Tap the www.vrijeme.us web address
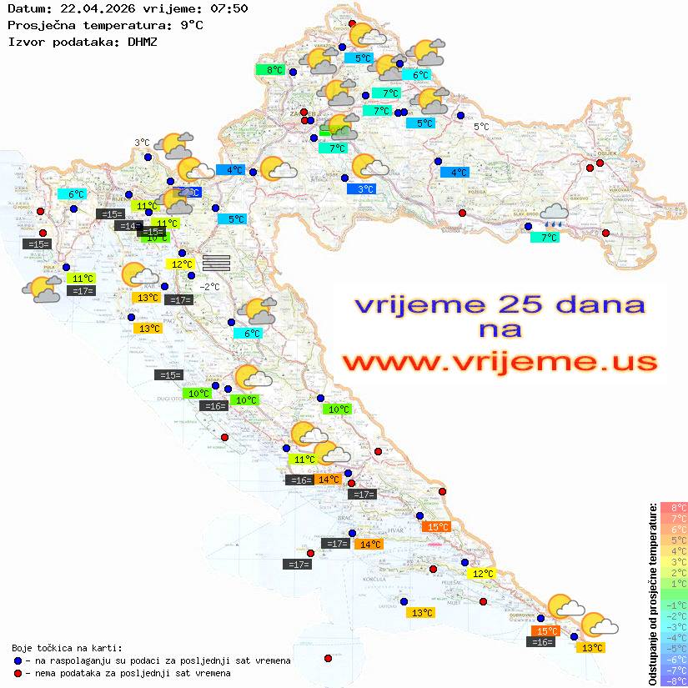tap(500, 362)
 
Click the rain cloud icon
tap(553, 217)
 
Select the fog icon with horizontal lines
tap(216, 262)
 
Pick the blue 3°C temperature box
tap(363, 189)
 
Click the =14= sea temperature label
tap(128, 225)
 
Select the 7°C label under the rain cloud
tap(545, 238)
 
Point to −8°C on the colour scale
tap(674, 680)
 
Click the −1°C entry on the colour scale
tap(674, 605)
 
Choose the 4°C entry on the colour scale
tap(674, 550)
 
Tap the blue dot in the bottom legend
tap(18, 660)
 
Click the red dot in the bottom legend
tap(18, 673)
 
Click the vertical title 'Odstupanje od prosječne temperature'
tap(653, 594)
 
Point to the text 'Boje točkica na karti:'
tap(67, 647)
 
